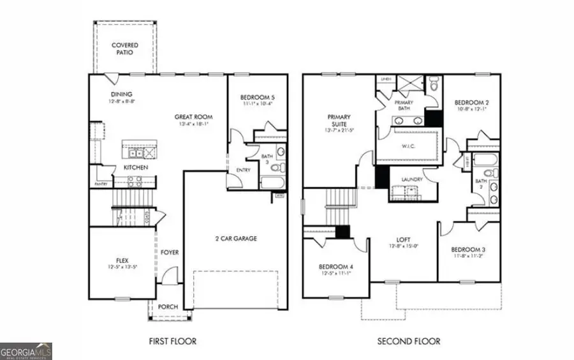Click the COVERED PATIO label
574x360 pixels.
[x=126, y=49]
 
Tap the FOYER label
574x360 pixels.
[x=169, y=252]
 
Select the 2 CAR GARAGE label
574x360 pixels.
[x=235, y=239]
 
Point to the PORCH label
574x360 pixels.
[x=168, y=306]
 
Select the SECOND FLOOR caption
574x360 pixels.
[x=409, y=341]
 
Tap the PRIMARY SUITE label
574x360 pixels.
[x=339, y=121]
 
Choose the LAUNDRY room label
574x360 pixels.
[x=412, y=180]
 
